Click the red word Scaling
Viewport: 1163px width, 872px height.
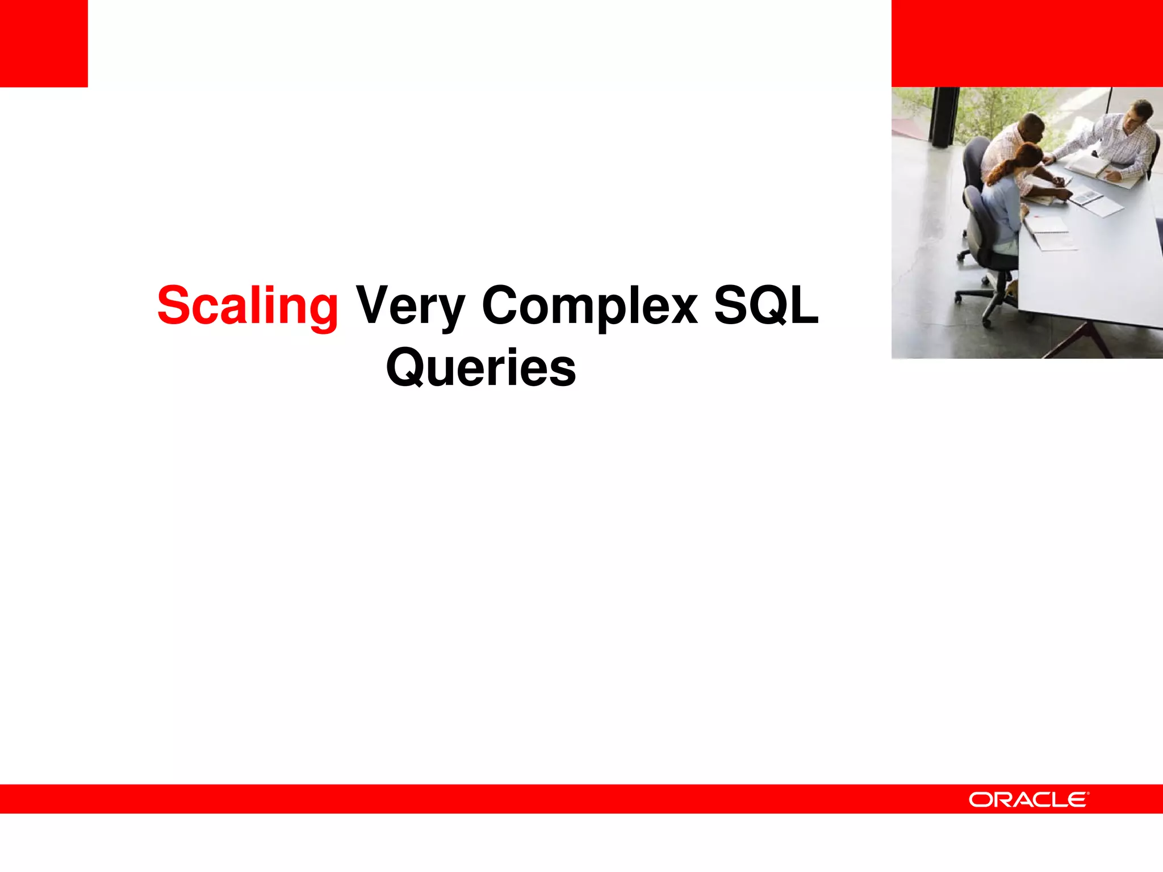[x=248, y=307]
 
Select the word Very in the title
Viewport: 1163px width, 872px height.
[x=410, y=307]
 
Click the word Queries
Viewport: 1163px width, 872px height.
[x=481, y=369]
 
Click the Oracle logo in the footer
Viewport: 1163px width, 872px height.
[x=1028, y=799]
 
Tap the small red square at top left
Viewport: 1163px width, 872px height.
[x=44, y=43]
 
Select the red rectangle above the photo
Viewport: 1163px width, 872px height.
[x=1027, y=43]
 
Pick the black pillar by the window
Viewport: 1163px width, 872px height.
[x=943, y=116]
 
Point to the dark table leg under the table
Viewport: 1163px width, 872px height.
[x=1079, y=341]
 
